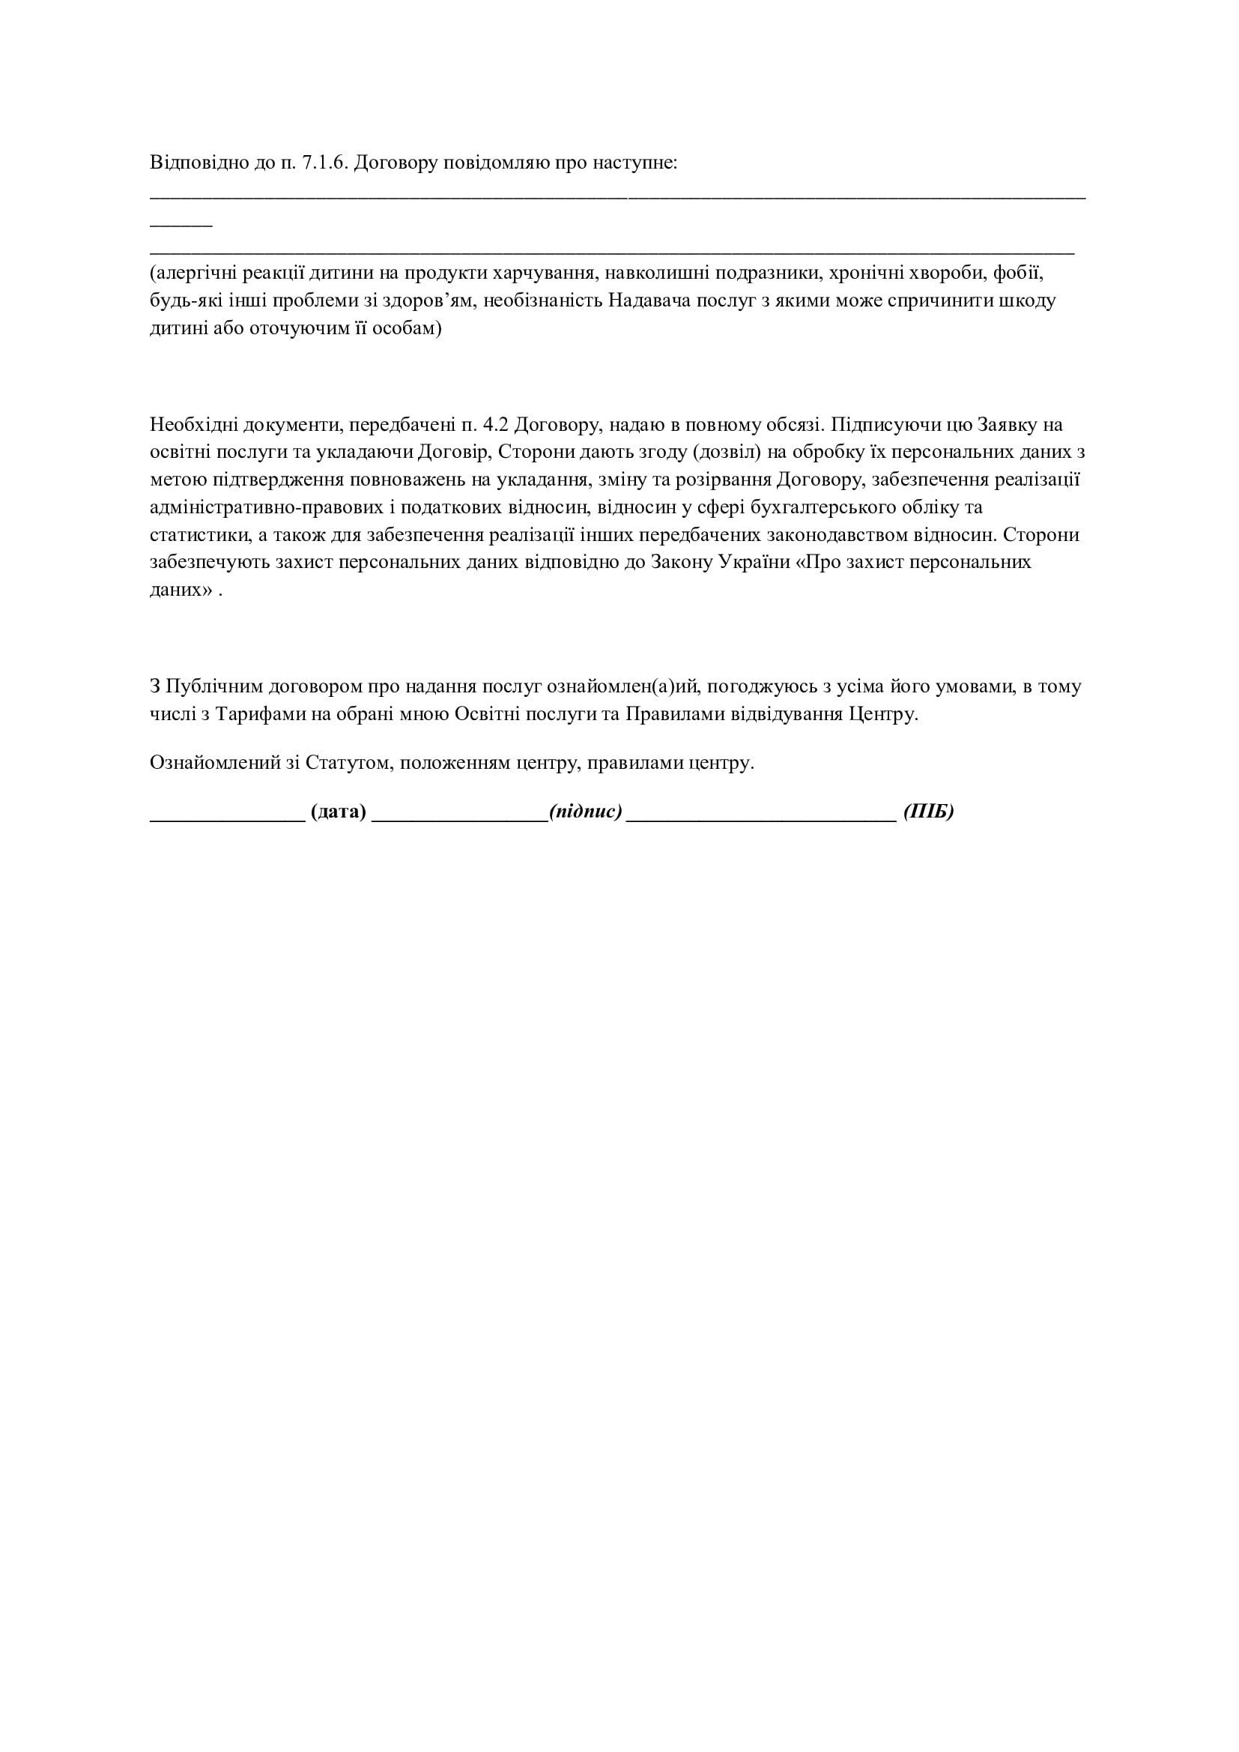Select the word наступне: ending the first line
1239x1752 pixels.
(x=637, y=163)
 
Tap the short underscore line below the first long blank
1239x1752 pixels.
(x=181, y=226)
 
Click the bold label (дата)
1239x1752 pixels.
(x=338, y=812)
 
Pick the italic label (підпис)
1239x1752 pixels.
(x=585, y=812)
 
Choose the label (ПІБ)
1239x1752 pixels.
(x=928, y=812)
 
